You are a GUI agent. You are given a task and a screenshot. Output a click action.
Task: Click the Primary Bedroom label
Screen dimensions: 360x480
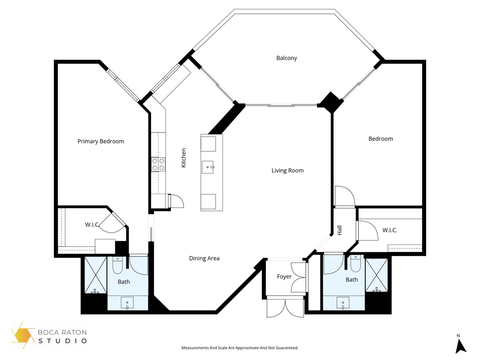pos(100,141)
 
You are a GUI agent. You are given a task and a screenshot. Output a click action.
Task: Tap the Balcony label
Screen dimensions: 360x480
pos(286,58)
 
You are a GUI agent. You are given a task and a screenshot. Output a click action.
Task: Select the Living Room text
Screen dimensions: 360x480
pos(287,170)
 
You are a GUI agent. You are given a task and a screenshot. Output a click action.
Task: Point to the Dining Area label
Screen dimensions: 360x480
pos(204,258)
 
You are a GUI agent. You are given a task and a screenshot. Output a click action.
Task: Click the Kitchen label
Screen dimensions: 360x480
pos(183,157)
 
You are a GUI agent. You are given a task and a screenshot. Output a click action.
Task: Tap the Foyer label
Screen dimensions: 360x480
pos(284,276)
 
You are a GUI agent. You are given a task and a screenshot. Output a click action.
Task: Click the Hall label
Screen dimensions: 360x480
pos(339,230)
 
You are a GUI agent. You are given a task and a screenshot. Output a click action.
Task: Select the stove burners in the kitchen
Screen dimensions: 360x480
pos(158,164)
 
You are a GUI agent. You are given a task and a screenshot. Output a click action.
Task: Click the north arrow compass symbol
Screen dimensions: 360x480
pos(460,344)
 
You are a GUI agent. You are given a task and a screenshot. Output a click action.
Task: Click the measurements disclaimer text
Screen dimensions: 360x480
pos(239,347)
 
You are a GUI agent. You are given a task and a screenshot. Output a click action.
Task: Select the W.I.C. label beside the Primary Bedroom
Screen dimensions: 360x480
pos(91,225)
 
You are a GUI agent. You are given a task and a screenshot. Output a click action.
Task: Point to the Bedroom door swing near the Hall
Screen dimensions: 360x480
pos(344,195)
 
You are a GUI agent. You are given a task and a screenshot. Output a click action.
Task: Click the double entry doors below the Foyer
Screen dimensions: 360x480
pos(284,306)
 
